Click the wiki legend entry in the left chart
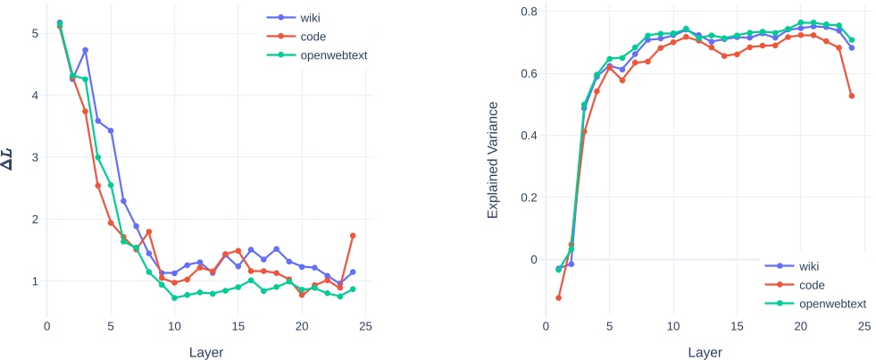tap(308, 16)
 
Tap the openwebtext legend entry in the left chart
tap(327, 55)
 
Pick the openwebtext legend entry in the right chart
tap(824, 305)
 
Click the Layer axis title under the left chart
tap(206, 352)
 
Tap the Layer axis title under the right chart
tap(705, 352)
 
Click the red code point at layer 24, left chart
tap(353, 236)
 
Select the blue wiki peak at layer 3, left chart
tap(85, 50)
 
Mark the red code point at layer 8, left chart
tap(148, 231)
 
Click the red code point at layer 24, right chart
tap(851, 96)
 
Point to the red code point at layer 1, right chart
tap(558, 297)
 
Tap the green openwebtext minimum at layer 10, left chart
tap(174, 297)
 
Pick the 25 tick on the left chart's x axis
tap(365, 327)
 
